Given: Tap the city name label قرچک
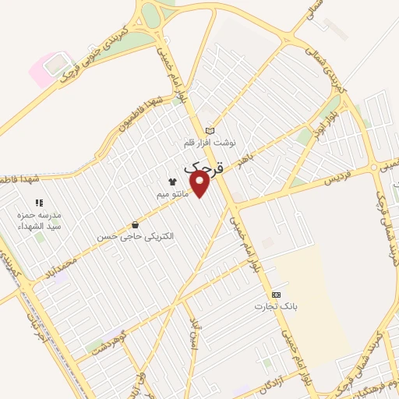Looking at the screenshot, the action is (x=205, y=167).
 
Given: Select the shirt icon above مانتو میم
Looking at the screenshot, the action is (x=172, y=180).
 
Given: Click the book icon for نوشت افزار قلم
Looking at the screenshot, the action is (x=209, y=130).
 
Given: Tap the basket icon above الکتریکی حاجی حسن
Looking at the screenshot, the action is (x=136, y=224).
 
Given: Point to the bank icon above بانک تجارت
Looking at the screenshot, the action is (x=275, y=295).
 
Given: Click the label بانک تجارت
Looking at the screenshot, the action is (x=271, y=306).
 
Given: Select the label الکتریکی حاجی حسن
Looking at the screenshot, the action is (x=136, y=235).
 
